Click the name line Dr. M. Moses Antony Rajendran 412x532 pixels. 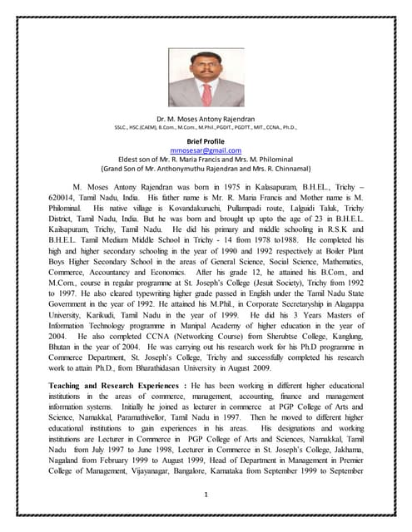[x=205, y=118]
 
